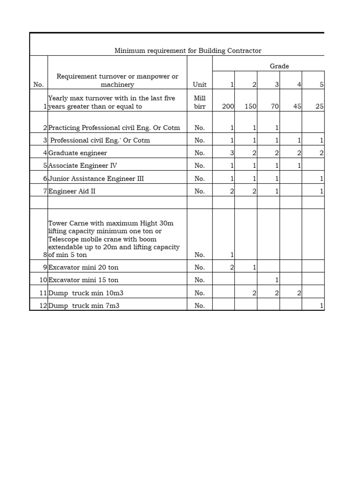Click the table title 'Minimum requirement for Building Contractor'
click(188, 51)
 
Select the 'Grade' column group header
click(279, 66)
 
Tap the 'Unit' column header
click(200, 85)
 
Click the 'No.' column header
click(38, 85)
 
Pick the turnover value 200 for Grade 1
click(228, 106)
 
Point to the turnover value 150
click(250, 106)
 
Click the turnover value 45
click(297, 106)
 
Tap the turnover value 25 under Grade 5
click(320, 106)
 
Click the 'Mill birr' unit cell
click(200, 103)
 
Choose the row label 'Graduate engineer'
click(78, 153)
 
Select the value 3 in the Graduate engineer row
click(232, 153)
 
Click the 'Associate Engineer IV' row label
click(83, 165)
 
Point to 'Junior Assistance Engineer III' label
click(96, 179)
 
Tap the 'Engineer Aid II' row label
click(72, 191)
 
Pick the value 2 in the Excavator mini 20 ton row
click(232, 267)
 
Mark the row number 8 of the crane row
click(45, 255)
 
